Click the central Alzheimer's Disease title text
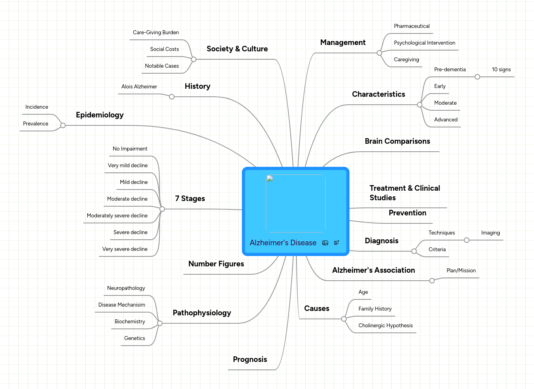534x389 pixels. pos(283,242)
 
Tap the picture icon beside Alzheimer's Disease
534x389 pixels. pos(325,243)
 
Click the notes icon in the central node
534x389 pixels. pos(336,242)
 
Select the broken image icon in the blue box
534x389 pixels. pos(270,178)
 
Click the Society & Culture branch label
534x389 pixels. pos(237,49)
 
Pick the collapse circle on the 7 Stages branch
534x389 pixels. pos(162,209)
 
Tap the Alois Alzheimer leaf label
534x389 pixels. pos(139,86)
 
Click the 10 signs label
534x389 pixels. pos(501,69)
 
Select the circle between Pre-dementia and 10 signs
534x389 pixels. pos(477,77)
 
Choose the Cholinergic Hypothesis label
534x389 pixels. pos(385,325)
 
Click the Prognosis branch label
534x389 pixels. pos(250,359)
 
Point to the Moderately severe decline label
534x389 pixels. pos(117,215)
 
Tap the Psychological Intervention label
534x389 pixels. pos(424,43)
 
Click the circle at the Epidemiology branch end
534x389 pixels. pos(63,125)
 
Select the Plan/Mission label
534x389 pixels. pos(461,271)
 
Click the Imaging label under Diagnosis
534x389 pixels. pos(491,233)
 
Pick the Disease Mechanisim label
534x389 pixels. pos(122,305)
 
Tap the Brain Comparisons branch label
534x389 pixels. pos(397,141)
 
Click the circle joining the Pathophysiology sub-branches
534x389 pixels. pos(160,323)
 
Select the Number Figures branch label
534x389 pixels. pos(216,264)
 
